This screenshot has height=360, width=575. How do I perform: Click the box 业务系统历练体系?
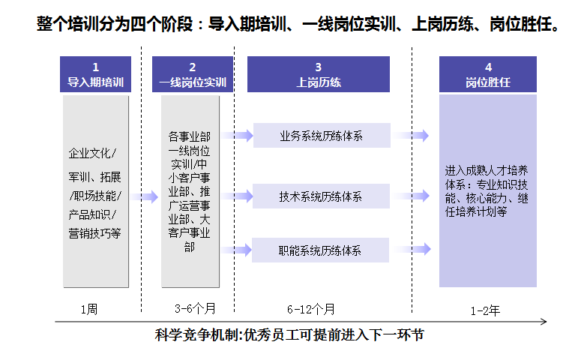click(x=321, y=136)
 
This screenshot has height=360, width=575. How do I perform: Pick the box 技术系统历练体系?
click(x=321, y=196)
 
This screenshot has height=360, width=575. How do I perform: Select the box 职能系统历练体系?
click(x=321, y=250)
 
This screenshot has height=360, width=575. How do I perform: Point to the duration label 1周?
click(x=88, y=309)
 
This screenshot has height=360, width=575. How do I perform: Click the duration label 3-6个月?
click(x=195, y=309)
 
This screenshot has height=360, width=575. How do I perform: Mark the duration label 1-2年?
click(x=484, y=309)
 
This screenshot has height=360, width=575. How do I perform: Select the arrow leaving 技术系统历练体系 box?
click(x=413, y=196)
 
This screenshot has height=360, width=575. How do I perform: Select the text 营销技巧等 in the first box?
click(x=94, y=233)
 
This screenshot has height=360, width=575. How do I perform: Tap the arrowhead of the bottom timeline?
click(x=544, y=322)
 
